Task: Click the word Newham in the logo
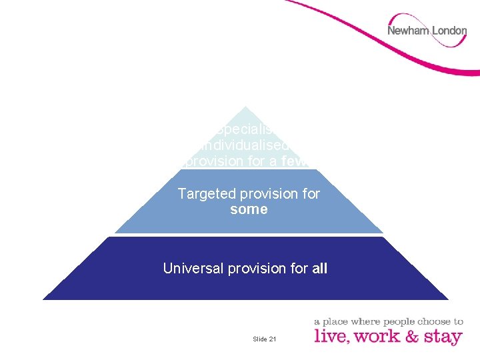pos(408,31)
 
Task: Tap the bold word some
pos(249,209)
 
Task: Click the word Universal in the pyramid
pos(193,268)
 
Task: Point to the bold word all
pos(319,268)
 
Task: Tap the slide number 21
pos(273,339)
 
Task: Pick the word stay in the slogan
pos(442,336)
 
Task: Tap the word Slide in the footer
pos(260,339)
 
